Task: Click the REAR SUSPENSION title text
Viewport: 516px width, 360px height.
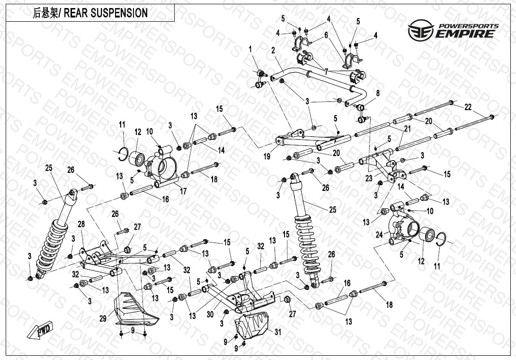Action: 90,13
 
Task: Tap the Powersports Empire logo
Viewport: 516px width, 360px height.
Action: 453,29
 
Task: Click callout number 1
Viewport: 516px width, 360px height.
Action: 250,49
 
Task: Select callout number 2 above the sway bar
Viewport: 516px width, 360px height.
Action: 273,50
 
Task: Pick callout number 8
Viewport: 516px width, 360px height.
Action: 377,94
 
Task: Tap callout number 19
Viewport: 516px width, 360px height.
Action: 267,156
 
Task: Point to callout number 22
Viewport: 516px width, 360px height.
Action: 468,108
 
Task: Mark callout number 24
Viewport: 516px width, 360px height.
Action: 379,234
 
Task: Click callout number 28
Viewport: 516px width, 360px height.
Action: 81,224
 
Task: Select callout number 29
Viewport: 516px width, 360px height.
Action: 103,319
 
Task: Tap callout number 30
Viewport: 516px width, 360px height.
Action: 211,313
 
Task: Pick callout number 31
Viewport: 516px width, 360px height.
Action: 277,332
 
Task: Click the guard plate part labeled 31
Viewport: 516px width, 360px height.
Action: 251,327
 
